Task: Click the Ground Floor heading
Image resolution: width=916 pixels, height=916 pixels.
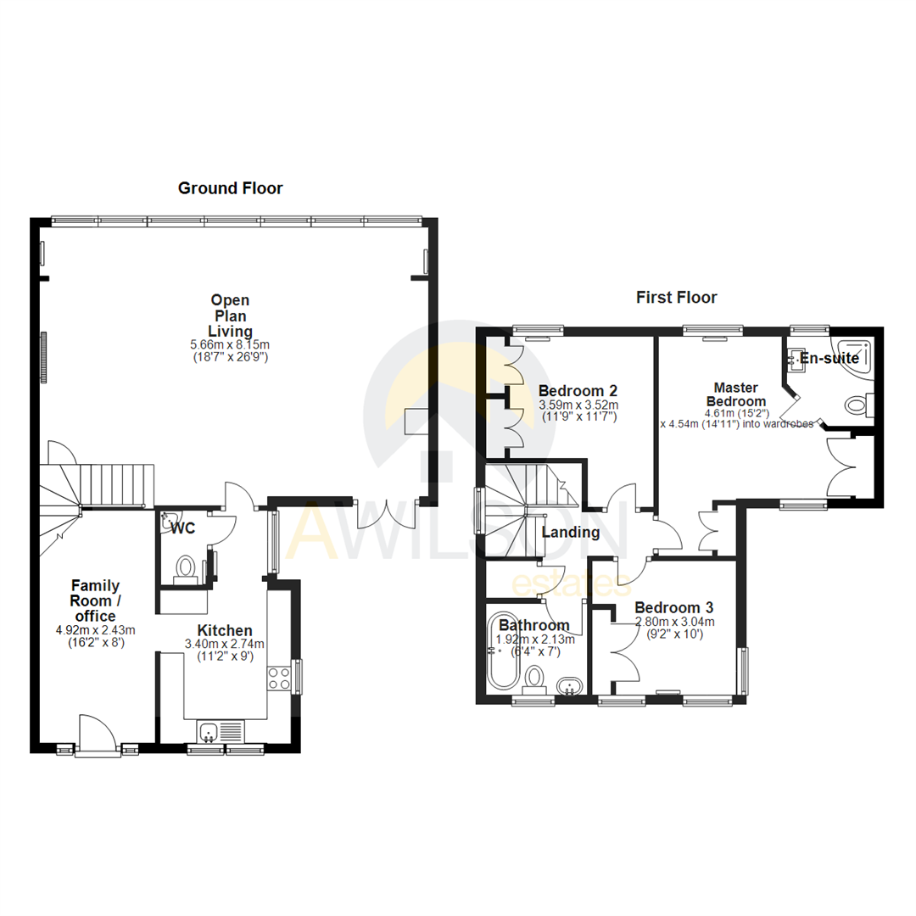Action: tap(230, 188)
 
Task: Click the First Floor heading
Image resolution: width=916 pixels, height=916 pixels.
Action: tap(676, 298)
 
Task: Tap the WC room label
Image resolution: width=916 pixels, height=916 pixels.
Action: tap(183, 529)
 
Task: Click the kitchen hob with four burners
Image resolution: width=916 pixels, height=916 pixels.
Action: tap(279, 678)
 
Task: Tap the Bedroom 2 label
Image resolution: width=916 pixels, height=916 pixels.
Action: tap(578, 391)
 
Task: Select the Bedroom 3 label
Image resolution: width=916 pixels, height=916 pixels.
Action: tap(673, 608)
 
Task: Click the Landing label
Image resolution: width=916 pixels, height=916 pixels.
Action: tap(571, 533)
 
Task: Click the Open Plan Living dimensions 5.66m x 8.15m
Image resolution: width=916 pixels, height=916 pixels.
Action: tap(230, 345)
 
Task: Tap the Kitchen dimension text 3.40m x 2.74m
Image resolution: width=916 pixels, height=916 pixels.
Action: tap(225, 644)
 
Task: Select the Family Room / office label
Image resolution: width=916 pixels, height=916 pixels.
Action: tap(95, 600)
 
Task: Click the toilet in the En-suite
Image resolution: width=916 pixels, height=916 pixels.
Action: tap(859, 406)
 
